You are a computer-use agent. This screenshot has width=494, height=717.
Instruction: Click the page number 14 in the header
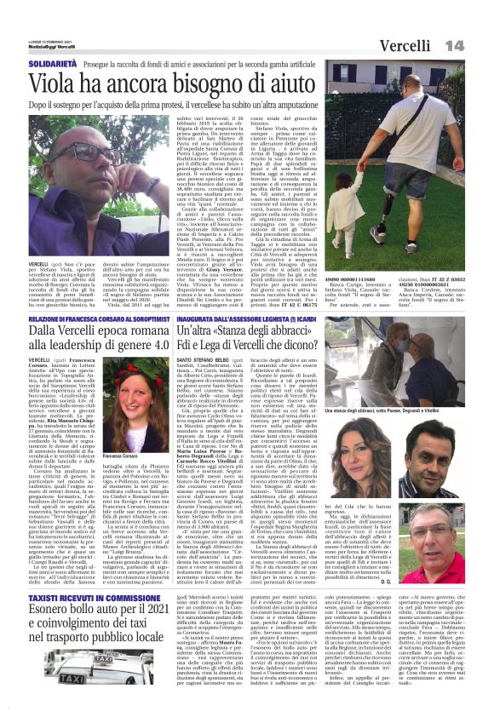point(477,44)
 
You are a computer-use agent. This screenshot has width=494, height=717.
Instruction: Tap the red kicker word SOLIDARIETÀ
point(32,65)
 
